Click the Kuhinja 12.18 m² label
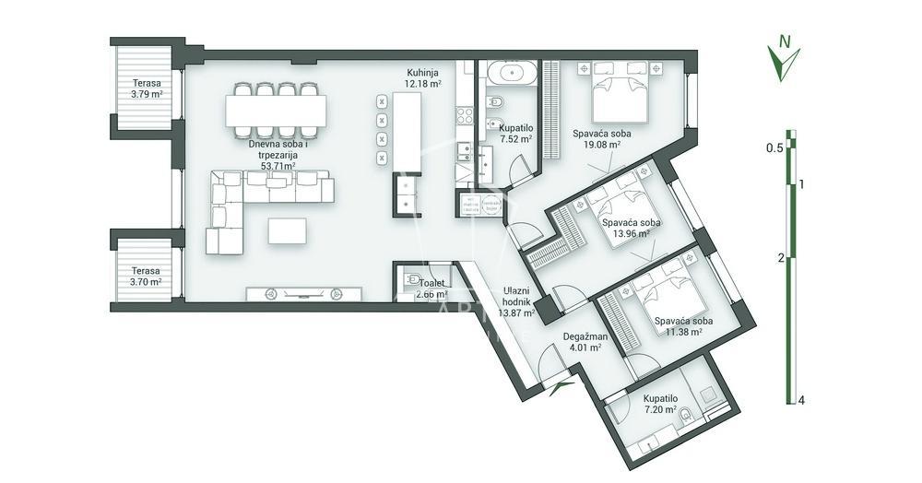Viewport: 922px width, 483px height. pos(424,77)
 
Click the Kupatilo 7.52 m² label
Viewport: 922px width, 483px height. pos(515,134)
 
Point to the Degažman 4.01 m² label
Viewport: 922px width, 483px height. pos(583,342)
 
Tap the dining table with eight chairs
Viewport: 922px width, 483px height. pos(274,112)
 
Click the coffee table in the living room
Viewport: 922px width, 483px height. pos(288,230)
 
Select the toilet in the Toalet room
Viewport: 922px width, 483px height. pos(412,278)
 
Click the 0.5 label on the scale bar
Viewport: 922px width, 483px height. pos(774,147)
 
